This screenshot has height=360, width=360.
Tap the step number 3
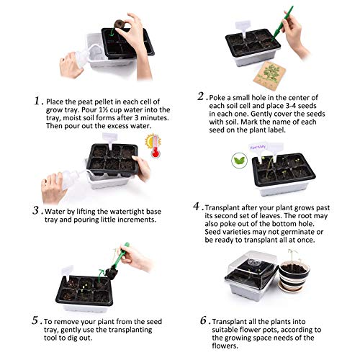coord(35,211)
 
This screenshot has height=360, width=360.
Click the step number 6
coord(204,320)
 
